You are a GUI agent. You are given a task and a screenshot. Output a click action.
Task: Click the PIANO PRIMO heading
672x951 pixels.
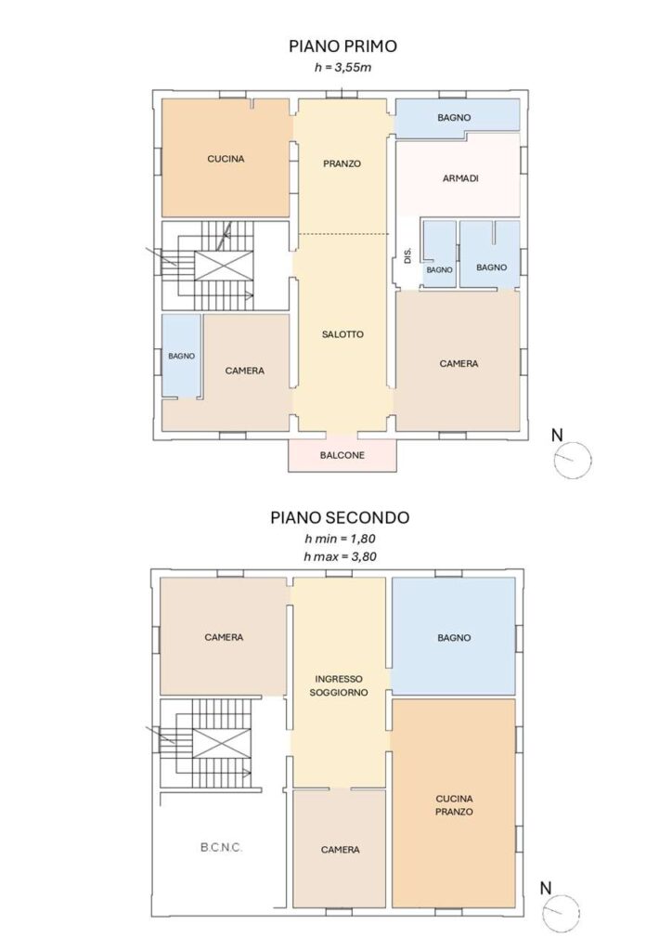[342, 46]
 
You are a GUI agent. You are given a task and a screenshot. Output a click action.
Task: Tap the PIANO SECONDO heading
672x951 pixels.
[340, 517]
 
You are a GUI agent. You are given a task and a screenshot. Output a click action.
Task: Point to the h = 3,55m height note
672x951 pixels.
[342, 67]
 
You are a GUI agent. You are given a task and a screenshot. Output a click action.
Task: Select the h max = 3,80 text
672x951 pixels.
[340, 556]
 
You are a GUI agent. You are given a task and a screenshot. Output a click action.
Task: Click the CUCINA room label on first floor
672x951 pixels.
[226, 159]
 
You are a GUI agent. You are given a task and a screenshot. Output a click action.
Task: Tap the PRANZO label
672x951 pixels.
[342, 163]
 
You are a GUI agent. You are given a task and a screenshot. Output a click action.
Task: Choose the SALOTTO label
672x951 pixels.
[342, 334]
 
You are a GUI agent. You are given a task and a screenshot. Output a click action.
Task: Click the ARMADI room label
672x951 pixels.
[460, 178]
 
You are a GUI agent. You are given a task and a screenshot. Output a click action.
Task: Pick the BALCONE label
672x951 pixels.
[342, 455]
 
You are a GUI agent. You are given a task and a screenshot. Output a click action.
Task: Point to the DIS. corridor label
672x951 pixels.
[407, 254]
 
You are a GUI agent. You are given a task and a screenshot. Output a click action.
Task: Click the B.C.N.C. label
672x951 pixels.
[221, 847]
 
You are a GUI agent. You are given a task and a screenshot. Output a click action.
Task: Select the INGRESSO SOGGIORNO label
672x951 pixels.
[339, 686]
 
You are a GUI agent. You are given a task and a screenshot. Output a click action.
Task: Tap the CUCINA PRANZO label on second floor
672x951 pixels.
[454, 805]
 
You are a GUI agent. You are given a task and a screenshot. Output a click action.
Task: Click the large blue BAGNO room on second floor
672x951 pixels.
[453, 636]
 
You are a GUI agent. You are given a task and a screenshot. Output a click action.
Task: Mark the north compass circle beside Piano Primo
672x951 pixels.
[573, 461]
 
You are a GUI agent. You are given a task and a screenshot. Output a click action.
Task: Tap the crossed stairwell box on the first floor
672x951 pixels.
[224, 266]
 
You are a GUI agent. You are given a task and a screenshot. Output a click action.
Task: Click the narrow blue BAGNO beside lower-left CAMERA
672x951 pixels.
[181, 357]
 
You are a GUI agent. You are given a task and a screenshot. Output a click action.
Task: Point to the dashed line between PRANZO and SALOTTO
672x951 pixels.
[343, 234]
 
